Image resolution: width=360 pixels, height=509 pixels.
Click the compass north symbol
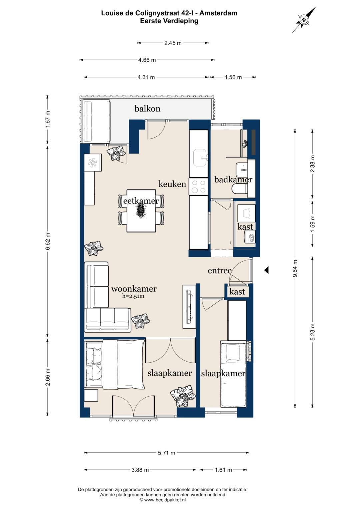pos(304,20)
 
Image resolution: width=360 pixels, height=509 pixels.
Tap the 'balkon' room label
pos(147,109)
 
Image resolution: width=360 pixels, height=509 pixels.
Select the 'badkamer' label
pos(233,180)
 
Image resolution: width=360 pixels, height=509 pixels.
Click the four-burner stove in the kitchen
pos(198,187)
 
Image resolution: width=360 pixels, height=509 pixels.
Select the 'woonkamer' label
pos(134,289)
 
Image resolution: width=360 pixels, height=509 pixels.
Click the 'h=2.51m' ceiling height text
pos(133,296)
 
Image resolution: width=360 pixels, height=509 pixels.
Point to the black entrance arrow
pos(266,270)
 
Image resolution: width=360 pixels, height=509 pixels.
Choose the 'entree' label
pos(220,270)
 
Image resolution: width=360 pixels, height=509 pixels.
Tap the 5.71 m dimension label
pos(167,453)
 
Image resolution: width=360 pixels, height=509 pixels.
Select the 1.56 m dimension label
pos(233,77)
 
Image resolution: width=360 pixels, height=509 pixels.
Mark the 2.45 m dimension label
pos(173,43)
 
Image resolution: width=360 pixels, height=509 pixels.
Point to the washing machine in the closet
pos(250,237)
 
